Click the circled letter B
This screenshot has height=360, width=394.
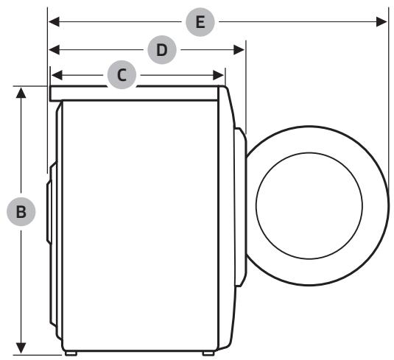click(x=22, y=211)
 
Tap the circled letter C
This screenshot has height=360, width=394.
click(x=122, y=74)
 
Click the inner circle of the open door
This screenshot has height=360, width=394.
click(x=309, y=198)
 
